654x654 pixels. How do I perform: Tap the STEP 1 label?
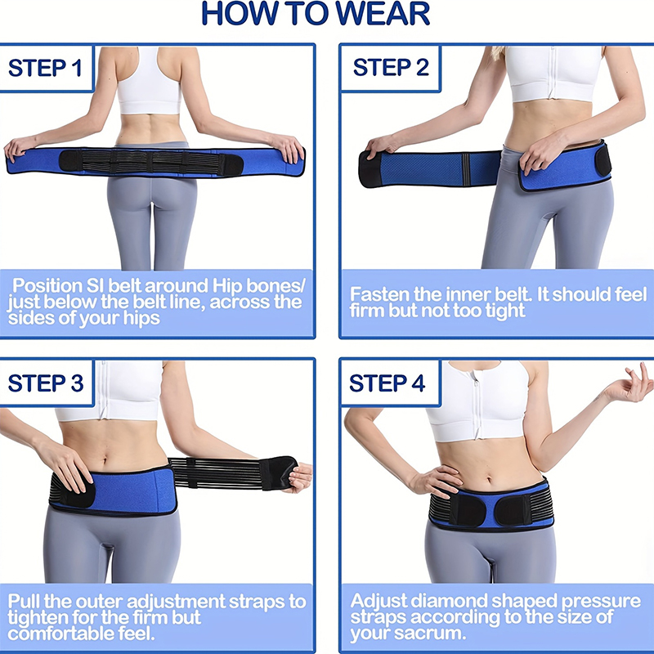45,68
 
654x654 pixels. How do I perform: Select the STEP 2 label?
391,67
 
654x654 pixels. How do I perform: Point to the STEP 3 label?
46,383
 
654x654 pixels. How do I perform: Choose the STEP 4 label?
387,383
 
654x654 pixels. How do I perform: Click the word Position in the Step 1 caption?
47,285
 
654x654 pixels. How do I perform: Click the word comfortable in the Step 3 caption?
60,634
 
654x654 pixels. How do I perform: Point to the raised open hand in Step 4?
630,383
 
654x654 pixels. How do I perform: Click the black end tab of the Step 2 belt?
370,169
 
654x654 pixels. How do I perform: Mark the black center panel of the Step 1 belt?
150,162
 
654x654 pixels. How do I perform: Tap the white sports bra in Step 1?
149,80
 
